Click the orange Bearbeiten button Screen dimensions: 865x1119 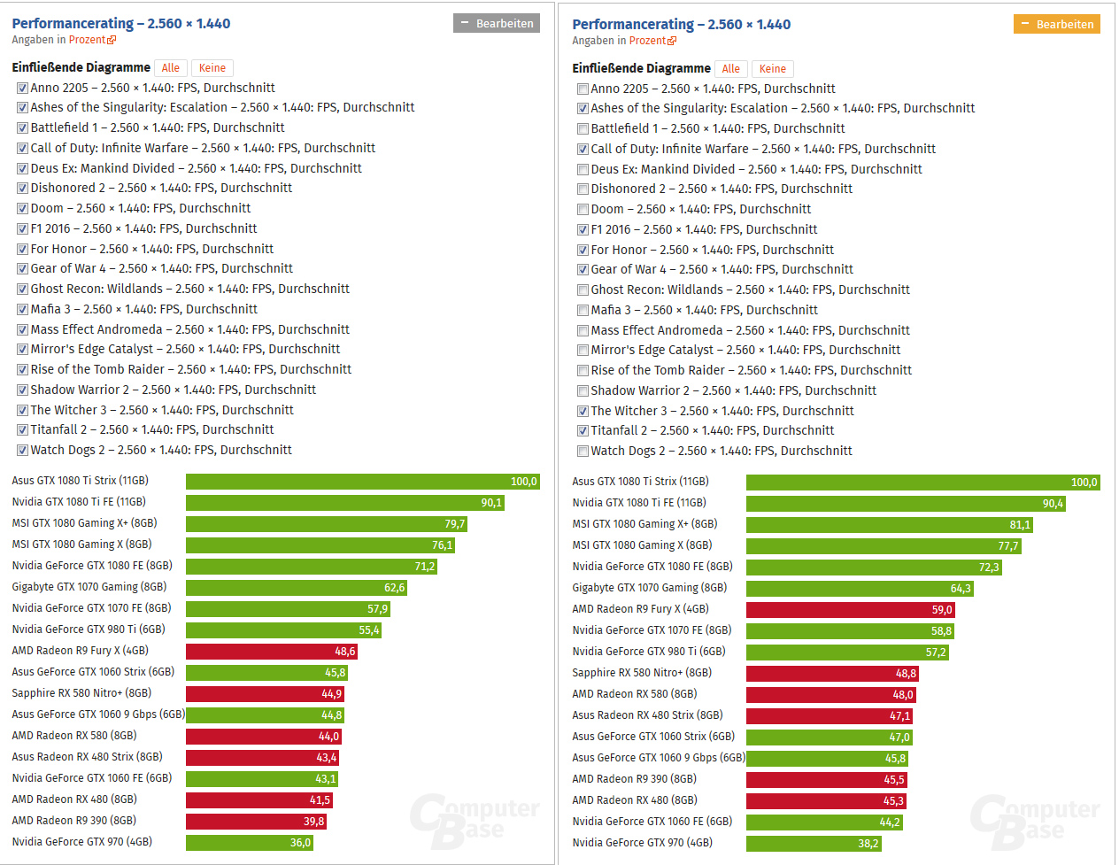point(1056,24)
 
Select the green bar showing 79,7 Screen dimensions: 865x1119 point(326,523)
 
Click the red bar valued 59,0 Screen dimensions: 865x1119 point(850,609)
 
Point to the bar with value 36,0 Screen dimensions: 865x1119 point(249,842)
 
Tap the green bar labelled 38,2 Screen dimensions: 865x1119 point(814,843)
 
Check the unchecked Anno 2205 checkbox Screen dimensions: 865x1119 point(583,89)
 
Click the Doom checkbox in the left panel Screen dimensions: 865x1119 point(23,209)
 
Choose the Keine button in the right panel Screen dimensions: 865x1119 point(772,68)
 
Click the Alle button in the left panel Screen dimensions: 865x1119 point(170,67)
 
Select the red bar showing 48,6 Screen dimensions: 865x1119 point(272,651)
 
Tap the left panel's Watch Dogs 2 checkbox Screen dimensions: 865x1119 point(23,450)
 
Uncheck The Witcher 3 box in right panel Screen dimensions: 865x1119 point(583,411)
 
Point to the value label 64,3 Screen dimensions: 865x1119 point(960,588)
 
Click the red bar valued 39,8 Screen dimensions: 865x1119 point(256,821)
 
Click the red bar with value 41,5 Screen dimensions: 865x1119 point(259,799)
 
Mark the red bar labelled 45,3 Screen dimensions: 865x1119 point(826,800)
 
